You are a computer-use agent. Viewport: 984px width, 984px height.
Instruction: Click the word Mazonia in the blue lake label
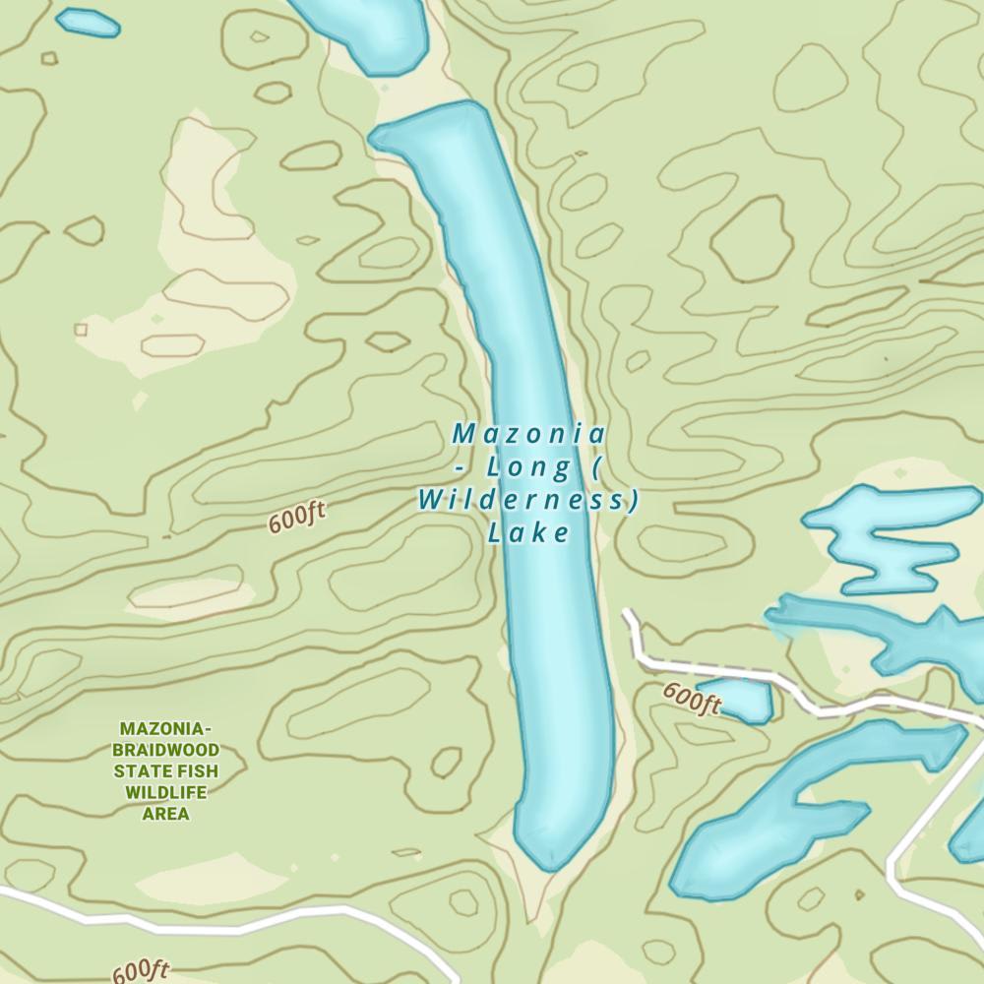(x=528, y=433)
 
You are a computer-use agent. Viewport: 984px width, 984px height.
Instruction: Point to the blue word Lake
(x=528, y=533)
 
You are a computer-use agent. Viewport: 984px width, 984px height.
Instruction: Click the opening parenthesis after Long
(x=597, y=466)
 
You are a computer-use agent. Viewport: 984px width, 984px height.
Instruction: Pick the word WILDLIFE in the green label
(x=165, y=793)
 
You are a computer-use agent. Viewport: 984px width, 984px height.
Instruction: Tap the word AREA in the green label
(x=165, y=815)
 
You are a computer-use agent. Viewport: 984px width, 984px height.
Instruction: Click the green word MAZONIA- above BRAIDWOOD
(x=165, y=729)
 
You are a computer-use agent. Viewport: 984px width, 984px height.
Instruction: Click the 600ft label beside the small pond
(x=691, y=699)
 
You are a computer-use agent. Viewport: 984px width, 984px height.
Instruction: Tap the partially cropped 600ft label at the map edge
(x=141, y=971)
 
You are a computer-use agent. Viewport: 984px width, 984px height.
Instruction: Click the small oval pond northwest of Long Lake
(x=88, y=22)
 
